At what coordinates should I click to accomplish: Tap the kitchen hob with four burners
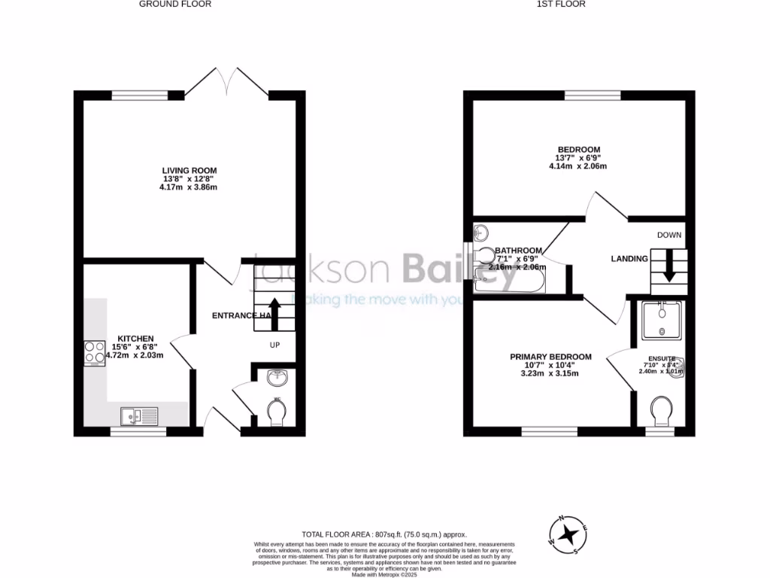95,354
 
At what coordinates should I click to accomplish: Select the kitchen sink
139,415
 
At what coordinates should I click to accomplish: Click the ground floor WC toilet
276,411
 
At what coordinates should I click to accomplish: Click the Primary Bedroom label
550,357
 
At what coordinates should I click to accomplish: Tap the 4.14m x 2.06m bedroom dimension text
577,167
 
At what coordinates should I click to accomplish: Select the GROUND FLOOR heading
175,4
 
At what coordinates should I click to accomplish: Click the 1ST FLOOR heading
561,4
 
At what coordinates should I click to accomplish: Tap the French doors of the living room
226,81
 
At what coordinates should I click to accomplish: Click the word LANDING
629,259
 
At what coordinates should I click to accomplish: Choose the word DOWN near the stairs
668,235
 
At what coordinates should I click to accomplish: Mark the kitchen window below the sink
139,432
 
